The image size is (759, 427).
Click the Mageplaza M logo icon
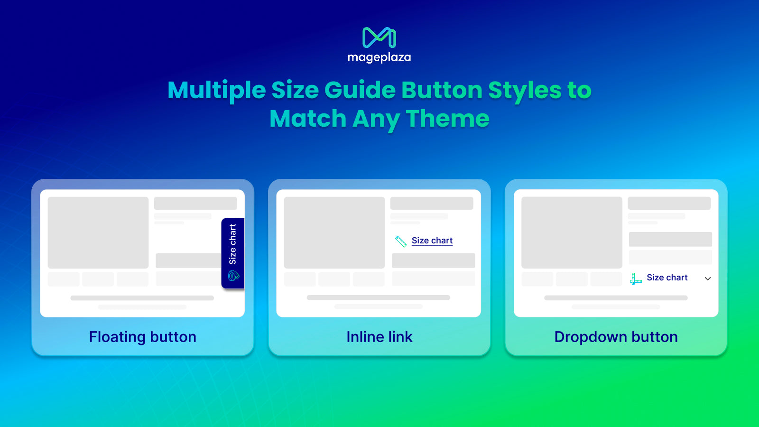point(379,37)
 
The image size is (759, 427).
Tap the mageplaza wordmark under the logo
point(379,57)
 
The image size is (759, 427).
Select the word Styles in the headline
point(525,91)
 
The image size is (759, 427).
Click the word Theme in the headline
point(448,118)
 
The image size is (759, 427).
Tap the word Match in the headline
point(308,118)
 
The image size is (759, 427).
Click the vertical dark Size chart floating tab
point(233,253)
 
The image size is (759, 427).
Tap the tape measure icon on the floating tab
point(233,276)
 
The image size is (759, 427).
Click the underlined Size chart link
point(432,241)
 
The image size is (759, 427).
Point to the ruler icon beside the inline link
point(401,241)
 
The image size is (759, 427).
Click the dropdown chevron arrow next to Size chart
point(707,278)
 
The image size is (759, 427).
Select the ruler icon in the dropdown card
point(636,278)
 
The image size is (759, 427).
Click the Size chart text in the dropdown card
point(667,278)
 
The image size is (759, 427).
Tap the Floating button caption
point(143,337)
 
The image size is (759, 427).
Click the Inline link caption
point(379,337)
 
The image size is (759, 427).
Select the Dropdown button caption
point(616,337)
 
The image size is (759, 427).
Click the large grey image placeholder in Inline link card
point(334,232)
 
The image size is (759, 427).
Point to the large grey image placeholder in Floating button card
point(98,232)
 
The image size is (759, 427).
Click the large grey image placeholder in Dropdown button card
point(572,232)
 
